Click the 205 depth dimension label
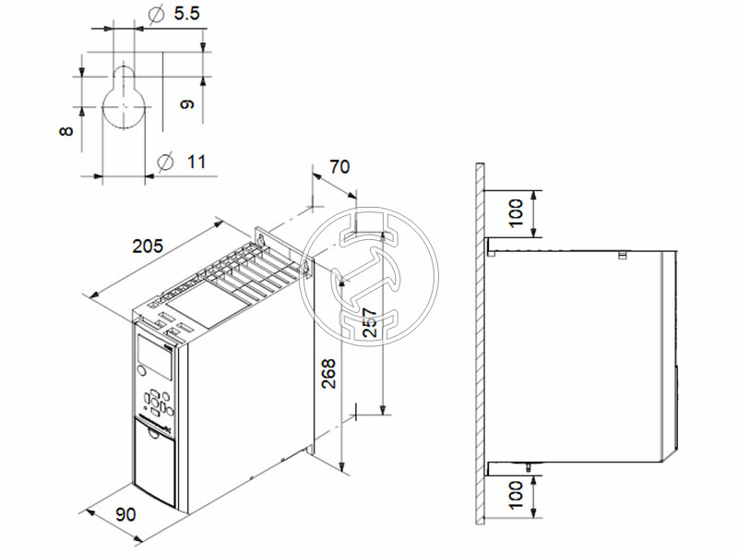click(x=148, y=247)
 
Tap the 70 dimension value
click(x=339, y=167)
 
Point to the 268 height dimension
click(x=328, y=373)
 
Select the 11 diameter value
click(x=196, y=162)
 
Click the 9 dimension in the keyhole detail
click(x=187, y=103)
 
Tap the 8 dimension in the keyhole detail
click(x=65, y=133)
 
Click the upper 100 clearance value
click(x=517, y=212)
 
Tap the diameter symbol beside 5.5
click(x=156, y=15)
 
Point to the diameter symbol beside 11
click(x=166, y=162)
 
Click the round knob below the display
click(x=142, y=371)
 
